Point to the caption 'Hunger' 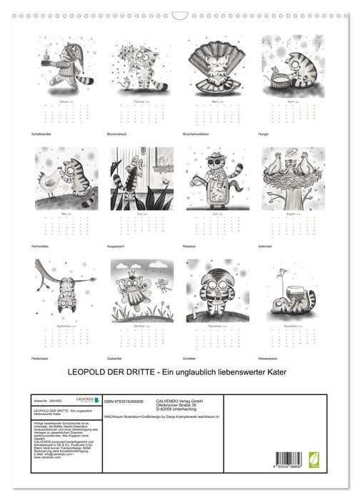click(x=266, y=134)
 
